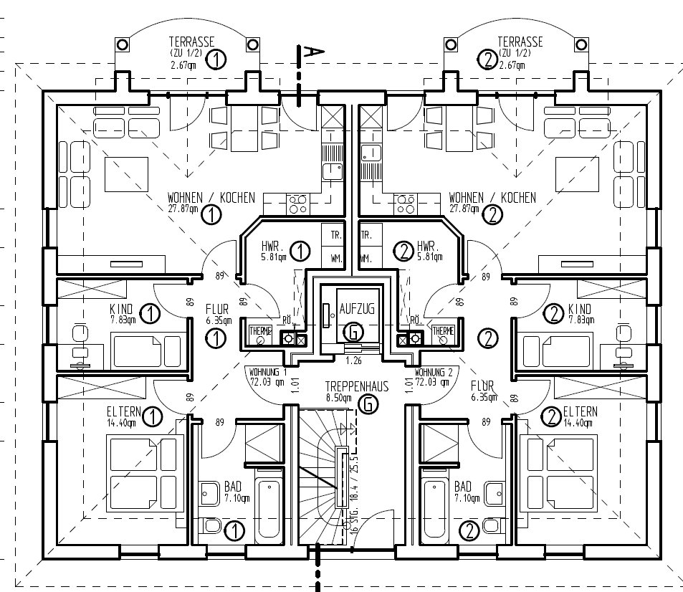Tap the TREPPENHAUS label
click(356, 386)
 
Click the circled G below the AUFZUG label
click(353, 332)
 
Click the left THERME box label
click(260, 331)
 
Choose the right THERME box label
click(442, 331)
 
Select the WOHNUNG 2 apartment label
click(434, 373)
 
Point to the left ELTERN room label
click(124, 412)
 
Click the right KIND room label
click(580, 309)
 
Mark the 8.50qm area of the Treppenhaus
click(338, 398)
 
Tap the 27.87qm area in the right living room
click(463, 209)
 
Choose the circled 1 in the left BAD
click(234, 530)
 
